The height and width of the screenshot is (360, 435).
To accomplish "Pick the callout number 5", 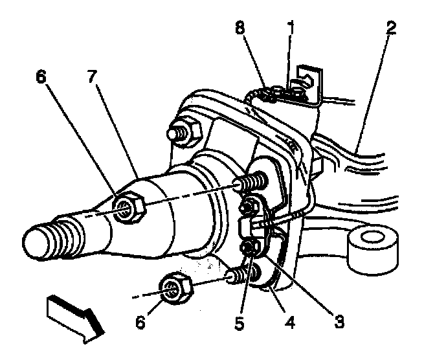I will pos(240,322).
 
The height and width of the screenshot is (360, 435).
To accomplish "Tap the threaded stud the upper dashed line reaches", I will pos(252,182).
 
